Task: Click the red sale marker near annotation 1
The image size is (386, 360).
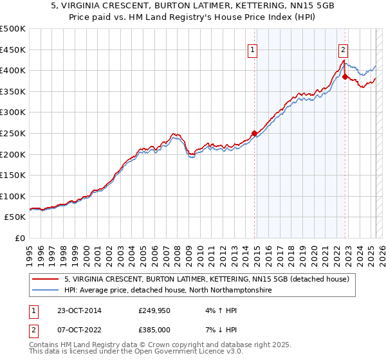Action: coord(254,134)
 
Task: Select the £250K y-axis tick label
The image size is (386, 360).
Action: coord(13,133)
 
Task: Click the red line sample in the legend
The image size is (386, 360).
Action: coord(46,279)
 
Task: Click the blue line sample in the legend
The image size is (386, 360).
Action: coord(46,290)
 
